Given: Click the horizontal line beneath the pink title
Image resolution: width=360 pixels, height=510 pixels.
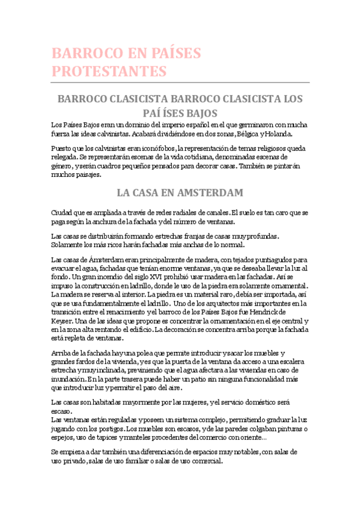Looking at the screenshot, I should click(180, 82).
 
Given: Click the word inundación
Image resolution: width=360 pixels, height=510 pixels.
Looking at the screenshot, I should click(68, 379).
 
